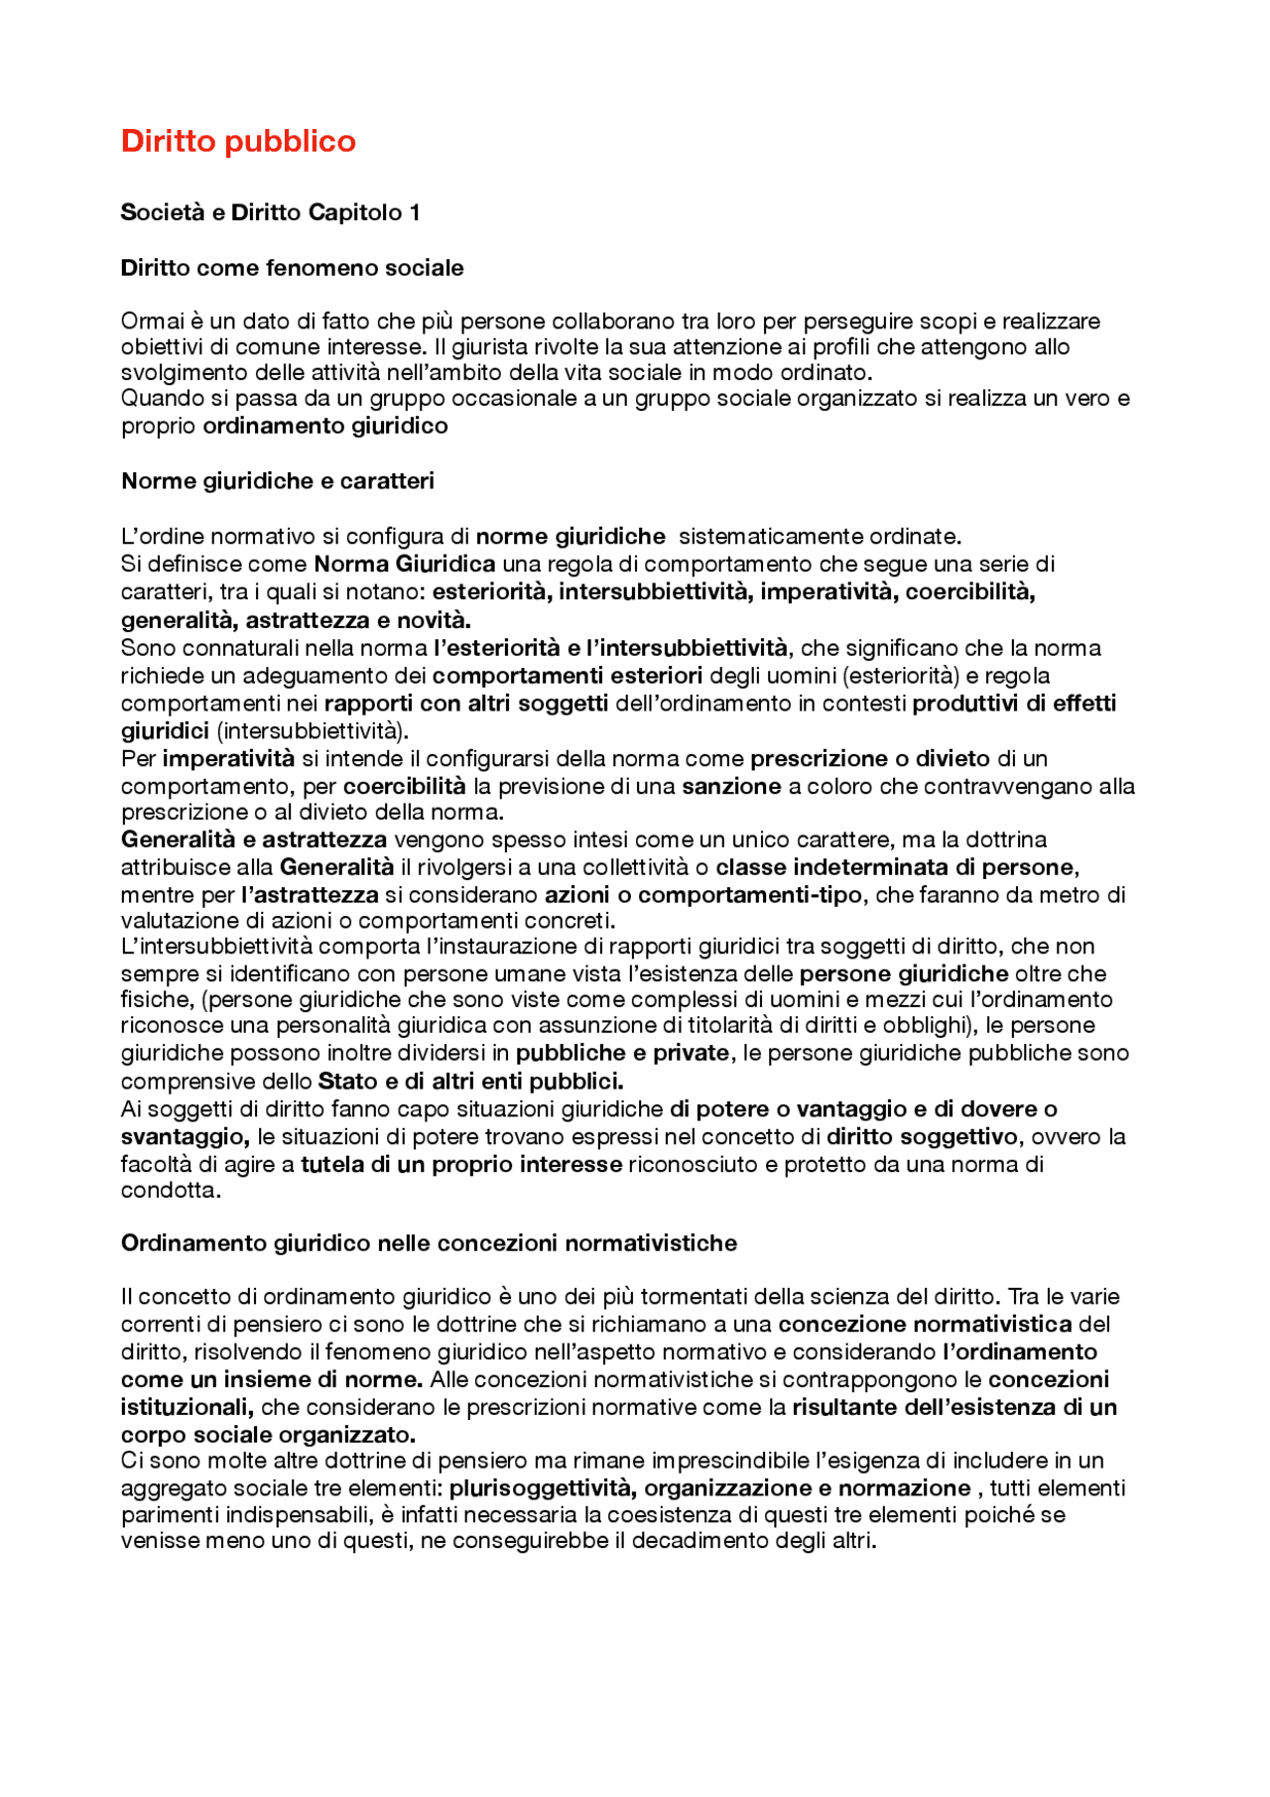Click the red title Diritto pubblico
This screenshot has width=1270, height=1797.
tap(238, 141)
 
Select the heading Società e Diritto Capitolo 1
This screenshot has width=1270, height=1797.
tap(270, 212)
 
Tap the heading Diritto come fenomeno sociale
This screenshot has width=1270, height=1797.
tap(292, 268)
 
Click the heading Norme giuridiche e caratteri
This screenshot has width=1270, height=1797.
tap(278, 481)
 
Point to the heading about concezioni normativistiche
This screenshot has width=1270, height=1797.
tap(429, 1243)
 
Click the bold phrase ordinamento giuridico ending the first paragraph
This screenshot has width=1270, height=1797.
tap(325, 426)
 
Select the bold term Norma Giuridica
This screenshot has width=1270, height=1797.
tap(405, 565)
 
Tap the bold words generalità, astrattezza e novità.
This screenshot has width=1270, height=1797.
tap(296, 620)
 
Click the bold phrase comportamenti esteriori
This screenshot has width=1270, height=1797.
tap(567, 676)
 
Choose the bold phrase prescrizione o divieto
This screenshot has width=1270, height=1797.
tap(870, 759)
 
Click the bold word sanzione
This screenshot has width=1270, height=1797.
tap(731, 787)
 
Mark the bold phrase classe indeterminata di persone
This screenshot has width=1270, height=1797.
tap(895, 867)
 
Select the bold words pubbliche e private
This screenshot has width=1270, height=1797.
tap(622, 1053)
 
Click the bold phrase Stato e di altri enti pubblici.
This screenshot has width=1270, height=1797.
tap(470, 1081)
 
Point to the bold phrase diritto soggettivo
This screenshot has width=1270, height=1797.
tap(922, 1136)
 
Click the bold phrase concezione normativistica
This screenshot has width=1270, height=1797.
tap(925, 1324)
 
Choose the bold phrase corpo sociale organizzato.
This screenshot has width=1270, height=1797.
tap(268, 1435)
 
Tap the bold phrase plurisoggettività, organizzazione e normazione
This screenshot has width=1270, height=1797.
tap(709, 1488)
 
